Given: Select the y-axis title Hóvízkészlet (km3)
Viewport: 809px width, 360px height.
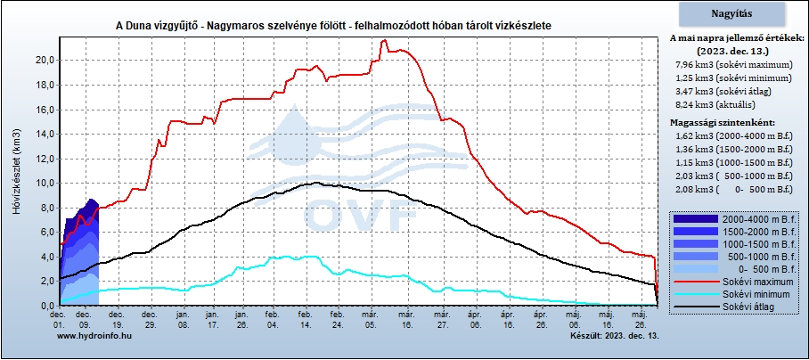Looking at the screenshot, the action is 17,171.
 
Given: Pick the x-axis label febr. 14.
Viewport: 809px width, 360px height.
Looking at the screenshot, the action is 305,318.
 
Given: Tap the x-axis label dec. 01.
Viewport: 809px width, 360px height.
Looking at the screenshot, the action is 58,318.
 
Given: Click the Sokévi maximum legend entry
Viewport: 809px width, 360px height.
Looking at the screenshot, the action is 731,282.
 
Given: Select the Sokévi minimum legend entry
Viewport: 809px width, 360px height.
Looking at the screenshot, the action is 731,294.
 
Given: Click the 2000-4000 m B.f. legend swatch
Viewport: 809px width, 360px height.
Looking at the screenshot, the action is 696,218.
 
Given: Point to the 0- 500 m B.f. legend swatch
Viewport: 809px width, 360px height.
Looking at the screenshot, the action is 696,269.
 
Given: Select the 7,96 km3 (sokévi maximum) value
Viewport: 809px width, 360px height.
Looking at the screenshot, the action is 733,65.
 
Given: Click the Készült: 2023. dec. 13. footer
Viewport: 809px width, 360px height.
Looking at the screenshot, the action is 615,336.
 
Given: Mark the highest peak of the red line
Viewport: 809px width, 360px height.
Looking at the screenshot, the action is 383,40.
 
